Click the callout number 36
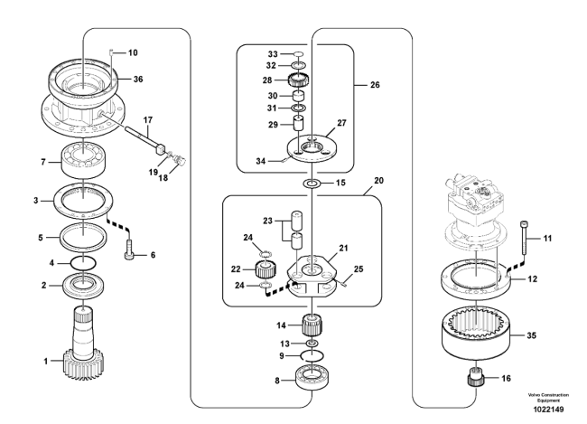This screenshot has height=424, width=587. [138, 79]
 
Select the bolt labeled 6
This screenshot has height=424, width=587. [128, 250]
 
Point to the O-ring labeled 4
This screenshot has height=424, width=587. [83, 263]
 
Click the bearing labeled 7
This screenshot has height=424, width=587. [84, 159]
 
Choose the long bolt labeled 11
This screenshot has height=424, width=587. [524, 238]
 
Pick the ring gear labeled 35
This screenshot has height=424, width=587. [476, 334]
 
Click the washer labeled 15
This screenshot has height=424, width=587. [312, 184]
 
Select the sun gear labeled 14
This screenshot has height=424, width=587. [312, 325]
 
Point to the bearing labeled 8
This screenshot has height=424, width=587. [312, 378]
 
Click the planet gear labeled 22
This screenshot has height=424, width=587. [266, 269]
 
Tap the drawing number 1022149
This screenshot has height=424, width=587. [548, 410]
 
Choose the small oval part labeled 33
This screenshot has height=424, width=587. [298, 54]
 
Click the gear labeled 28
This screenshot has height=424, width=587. [298, 80]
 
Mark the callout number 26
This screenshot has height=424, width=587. [375, 85]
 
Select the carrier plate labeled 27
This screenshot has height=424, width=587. [312, 147]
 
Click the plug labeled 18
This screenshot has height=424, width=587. [181, 161]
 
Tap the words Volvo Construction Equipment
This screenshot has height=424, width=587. [548, 398]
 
